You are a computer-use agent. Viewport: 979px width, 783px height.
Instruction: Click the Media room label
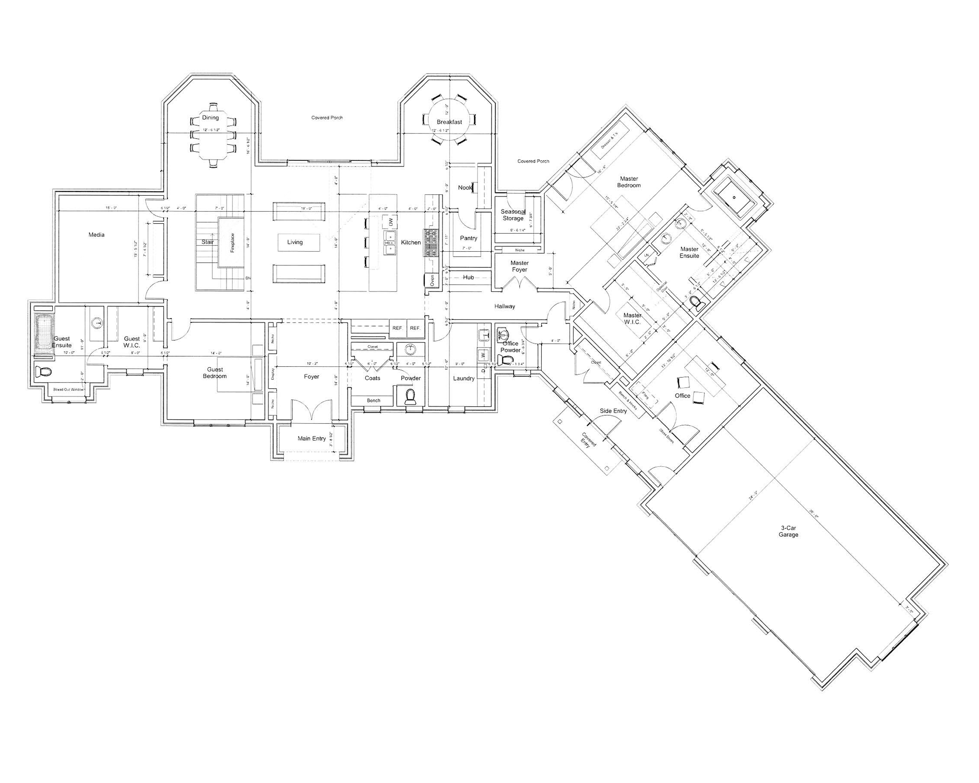pos(96,235)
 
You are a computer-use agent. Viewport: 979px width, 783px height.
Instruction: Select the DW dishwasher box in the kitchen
pos(390,222)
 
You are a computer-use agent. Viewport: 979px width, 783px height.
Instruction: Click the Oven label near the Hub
pos(432,280)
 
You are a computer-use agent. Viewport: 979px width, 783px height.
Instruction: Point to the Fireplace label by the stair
pos(233,243)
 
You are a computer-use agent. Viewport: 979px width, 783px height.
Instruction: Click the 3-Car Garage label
pos(789,531)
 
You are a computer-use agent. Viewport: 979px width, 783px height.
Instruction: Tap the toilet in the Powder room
pos(410,396)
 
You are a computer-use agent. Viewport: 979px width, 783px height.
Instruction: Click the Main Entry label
pos(311,438)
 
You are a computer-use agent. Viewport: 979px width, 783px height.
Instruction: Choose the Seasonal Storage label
pos(513,215)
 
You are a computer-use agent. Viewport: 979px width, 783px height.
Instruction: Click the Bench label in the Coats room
pos(373,401)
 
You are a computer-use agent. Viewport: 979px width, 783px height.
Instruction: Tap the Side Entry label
pos(613,411)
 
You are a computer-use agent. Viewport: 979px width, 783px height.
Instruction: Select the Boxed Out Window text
pos(69,390)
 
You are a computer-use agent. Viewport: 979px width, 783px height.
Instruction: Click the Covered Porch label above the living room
pos(327,117)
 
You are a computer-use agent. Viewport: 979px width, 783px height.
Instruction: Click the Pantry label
pos(468,238)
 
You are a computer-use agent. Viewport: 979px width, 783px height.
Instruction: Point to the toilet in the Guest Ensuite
pos(44,372)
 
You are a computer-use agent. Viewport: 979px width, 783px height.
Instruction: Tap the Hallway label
pos(504,307)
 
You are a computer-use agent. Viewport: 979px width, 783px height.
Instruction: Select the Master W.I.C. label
pos(632,319)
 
